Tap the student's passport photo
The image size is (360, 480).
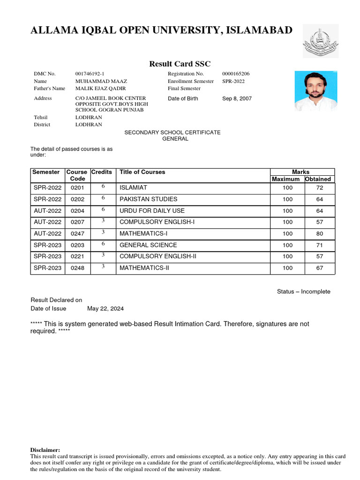315,91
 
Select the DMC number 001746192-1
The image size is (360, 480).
90,74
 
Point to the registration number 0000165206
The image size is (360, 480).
236,74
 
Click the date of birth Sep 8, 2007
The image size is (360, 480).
237,99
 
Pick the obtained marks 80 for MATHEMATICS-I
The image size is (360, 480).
320,233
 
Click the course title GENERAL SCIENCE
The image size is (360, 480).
148,245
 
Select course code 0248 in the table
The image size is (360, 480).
77,268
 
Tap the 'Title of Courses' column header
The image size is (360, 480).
142,172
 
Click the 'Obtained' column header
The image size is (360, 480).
318,179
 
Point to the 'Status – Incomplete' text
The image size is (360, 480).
303,292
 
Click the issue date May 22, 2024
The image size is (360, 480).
105,308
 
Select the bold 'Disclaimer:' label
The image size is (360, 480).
45,450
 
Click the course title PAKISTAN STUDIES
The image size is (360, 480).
148,199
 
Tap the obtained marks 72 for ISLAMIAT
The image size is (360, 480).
320,187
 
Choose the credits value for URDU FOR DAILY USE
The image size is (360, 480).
103,210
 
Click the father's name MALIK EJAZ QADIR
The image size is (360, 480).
100,89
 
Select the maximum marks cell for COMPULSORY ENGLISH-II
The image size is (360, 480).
287,256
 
